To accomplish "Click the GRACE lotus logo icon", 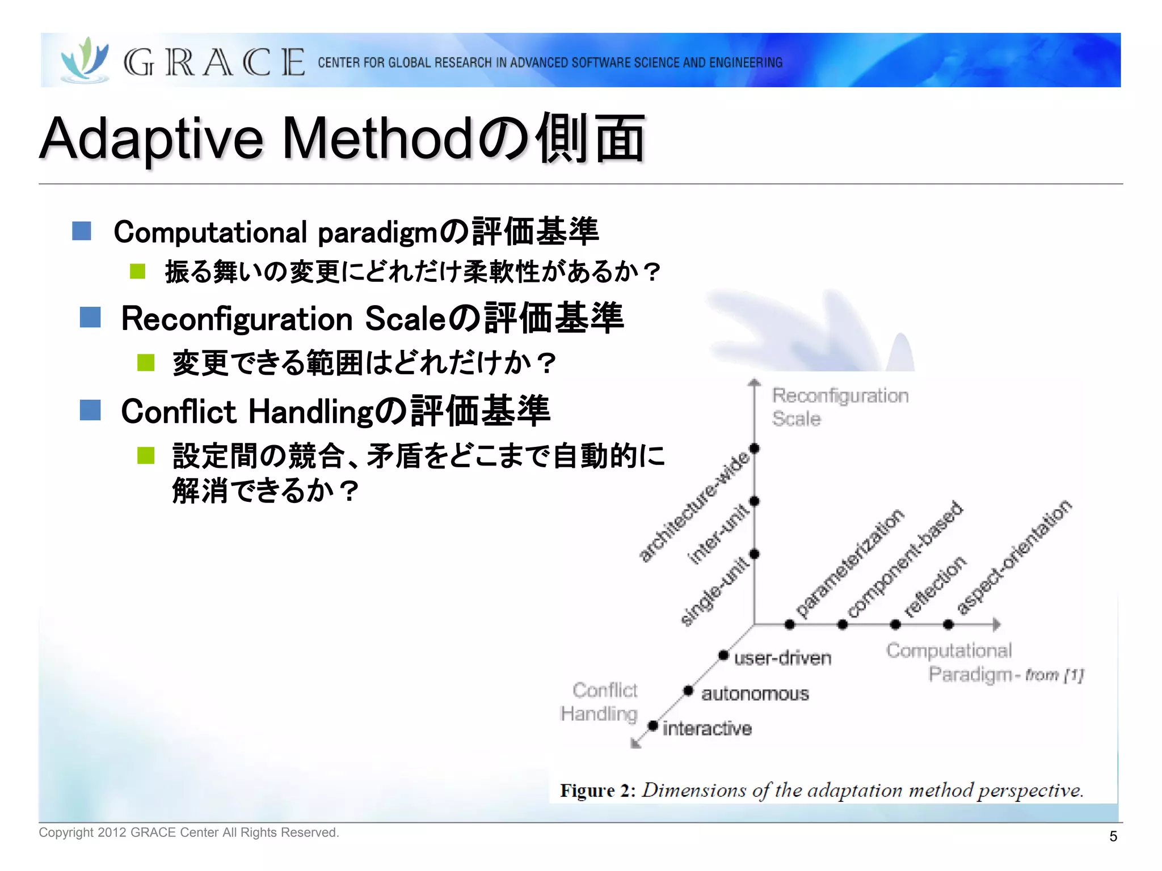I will [85, 60].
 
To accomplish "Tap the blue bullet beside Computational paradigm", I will [82, 231].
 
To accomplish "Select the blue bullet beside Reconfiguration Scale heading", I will [90, 318].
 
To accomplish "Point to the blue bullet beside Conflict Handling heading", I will [90, 410].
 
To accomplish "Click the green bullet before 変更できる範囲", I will [146, 362].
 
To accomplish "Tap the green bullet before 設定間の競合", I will [146, 455].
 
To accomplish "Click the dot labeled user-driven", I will [723, 656].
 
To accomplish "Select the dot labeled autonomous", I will [688, 691].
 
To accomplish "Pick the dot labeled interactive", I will [653, 726].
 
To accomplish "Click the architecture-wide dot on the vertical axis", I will [755, 449].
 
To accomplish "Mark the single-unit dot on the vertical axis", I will [755, 554].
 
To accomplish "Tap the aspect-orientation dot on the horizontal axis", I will [948, 625].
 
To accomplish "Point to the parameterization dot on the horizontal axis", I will [790, 625].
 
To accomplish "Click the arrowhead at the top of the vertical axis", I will [754, 383].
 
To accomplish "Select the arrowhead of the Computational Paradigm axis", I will [996, 625].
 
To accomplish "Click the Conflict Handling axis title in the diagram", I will [599, 702].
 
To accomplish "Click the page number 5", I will [1113, 836].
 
